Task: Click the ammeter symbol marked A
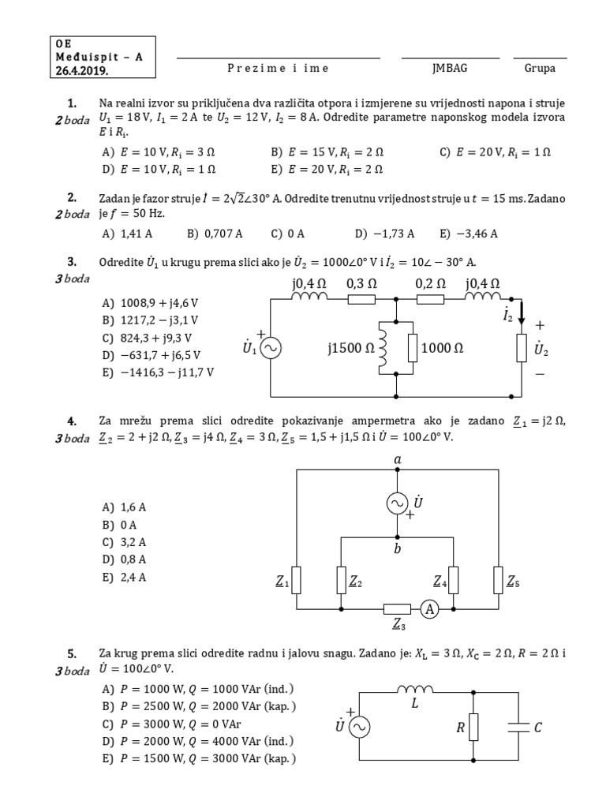(428, 609)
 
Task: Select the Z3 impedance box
(397, 609)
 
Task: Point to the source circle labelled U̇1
(271, 348)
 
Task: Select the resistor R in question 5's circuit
(474, 728)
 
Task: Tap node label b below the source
(398, 548)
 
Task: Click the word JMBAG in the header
(450, 68)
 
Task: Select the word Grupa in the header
(540, 68)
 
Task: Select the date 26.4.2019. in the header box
(82, 70)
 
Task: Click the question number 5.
(72, 653)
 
